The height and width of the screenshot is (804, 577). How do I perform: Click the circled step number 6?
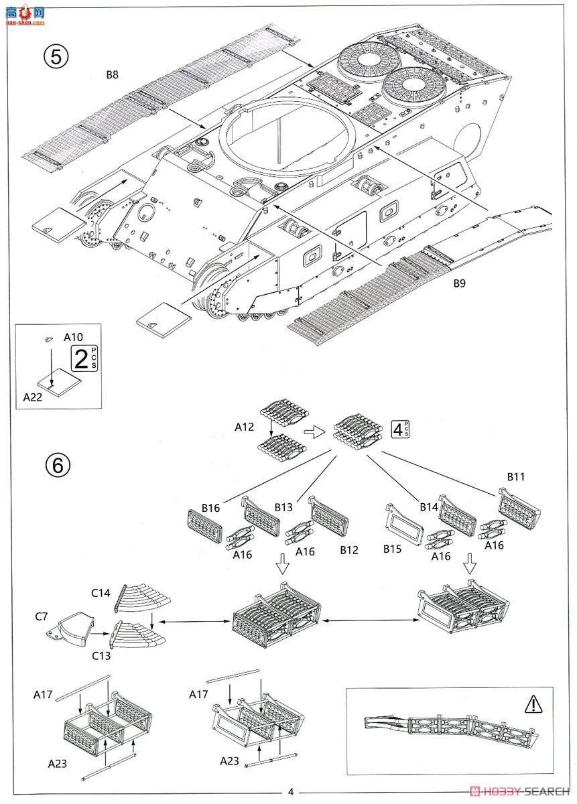point(57,464)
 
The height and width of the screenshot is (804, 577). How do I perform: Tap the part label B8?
point(112,75)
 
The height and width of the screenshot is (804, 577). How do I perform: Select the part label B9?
point(458,283)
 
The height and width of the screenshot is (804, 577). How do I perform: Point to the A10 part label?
point(73,337)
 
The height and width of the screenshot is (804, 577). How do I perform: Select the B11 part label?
point(515,478)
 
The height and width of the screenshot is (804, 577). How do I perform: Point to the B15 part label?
point(393,549)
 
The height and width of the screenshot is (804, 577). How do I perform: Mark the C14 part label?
point(101,592)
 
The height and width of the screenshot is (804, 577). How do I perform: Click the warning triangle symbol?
point(531,703)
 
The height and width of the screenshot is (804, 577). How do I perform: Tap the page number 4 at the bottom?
point(290,791)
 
